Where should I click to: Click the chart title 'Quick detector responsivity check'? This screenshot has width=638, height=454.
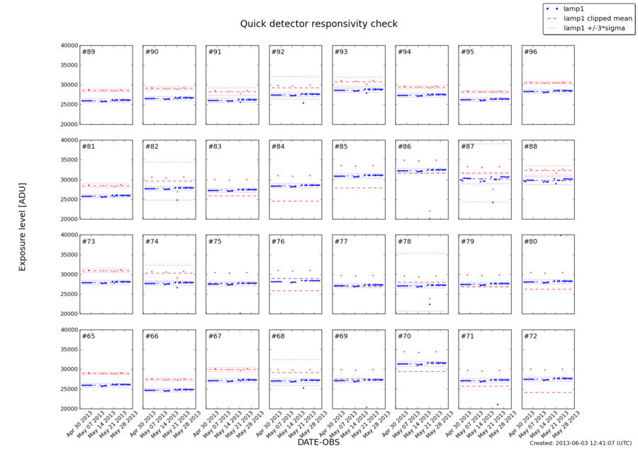click(318, 23)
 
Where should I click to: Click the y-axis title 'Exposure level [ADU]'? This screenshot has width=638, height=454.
click(22, 227)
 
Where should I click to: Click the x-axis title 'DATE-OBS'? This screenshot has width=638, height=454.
click(318, 443)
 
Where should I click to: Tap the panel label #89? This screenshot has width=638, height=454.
click(88, 52)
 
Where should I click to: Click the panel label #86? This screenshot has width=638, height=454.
click(404, 147)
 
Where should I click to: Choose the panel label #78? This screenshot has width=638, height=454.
click(404, 242)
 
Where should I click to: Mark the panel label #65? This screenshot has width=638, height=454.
click(88, 336)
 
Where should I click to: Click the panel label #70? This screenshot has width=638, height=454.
click(404, 336)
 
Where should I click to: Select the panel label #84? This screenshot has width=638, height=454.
click(278, 147)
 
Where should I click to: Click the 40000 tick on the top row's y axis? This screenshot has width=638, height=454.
click(69, 45)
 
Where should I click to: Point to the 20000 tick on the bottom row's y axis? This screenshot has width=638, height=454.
click(69, 409)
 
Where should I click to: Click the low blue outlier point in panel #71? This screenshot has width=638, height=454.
click(497, 404)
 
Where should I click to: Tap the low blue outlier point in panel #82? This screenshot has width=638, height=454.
click(177, 200)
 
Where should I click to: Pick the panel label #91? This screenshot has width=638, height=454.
click(215, 52)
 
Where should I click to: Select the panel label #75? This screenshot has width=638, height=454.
click(215, 242)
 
